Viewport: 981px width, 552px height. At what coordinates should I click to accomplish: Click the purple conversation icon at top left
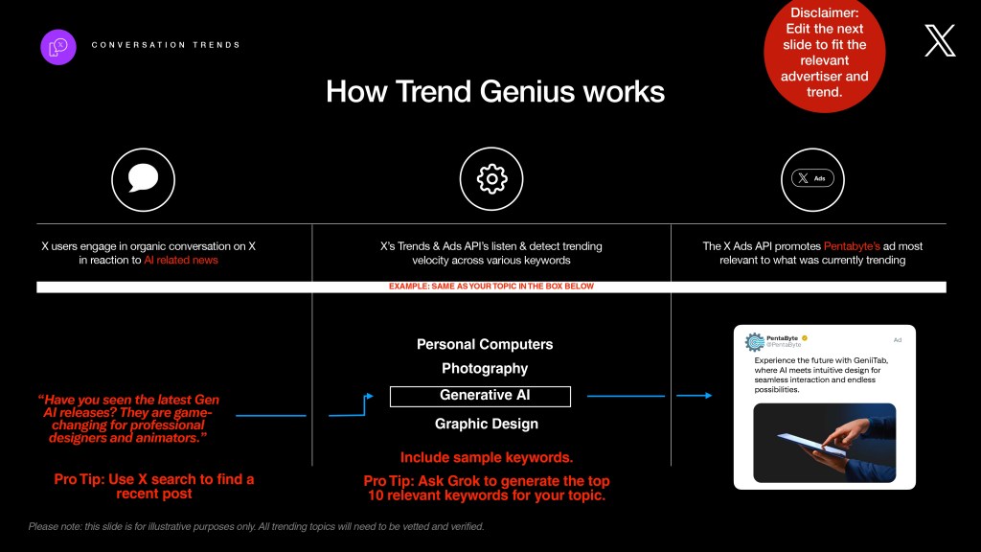point(58,47)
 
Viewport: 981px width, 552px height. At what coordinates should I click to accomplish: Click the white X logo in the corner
point(940,40)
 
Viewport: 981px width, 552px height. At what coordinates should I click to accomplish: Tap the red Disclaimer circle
point(824,54)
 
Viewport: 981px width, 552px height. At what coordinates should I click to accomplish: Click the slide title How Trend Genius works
point(495,91)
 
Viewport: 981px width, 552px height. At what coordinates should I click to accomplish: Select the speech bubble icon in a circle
point(144,179)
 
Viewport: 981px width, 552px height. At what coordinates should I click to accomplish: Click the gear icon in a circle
point(491,179)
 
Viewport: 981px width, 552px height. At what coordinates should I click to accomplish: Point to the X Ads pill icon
point(812,178)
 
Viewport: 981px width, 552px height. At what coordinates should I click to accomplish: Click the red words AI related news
point(181,261)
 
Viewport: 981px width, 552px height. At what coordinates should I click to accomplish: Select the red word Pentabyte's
point(852,246)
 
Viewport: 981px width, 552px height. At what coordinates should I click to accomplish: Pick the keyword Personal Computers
point(485,344)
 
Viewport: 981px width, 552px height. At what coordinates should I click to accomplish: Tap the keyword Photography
point(485,369)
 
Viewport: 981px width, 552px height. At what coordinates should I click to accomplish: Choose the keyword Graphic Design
point(487,424)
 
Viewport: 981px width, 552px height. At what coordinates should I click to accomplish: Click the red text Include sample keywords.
point(487,457)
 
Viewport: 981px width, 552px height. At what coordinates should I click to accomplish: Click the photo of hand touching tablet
point(825,443)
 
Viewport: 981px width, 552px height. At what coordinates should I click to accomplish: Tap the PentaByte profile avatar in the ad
point(755,342)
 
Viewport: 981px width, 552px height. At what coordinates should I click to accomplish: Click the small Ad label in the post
point(897,340)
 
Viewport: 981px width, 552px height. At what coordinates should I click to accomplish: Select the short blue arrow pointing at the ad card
point(695,396)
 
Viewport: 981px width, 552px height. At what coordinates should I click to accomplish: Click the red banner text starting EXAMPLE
point(491,287)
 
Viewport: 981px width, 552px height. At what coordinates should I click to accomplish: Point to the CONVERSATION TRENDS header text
point(166,45)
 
